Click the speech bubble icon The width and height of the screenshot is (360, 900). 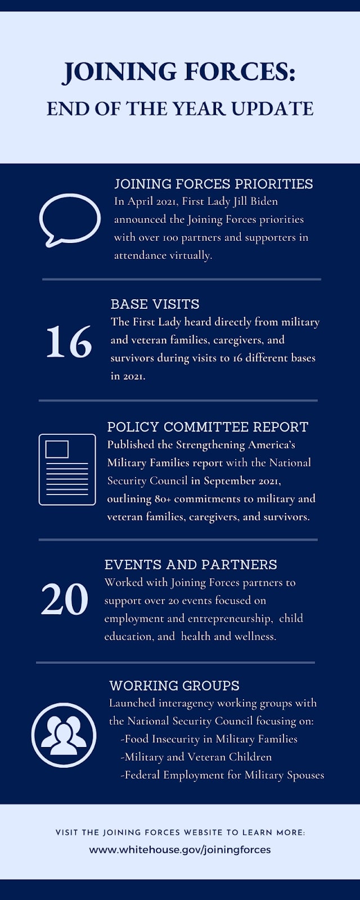pyautogui.click(x=69, y=219)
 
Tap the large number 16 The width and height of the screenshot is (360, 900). pyautogui.click(x=69, y=342)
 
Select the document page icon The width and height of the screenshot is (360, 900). pyautogui.click(x=67, y=469)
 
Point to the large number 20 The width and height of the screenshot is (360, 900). pyautogui.click(x=64, y=600)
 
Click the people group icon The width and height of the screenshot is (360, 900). pyautogui.click(x=64, y=735)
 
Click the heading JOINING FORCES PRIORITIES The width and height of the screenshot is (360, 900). pyautogui.click(x=213, y=184)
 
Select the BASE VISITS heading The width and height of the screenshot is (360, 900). pyautogui.click(x=155, y=304)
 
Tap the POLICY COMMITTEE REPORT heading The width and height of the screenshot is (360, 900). pyautogui.click(x=208, y=427)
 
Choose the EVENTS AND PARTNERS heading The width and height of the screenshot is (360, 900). pyautogui.click(x=190, y=565)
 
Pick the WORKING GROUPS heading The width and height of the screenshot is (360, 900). pyautogui.click(x=174, y=686)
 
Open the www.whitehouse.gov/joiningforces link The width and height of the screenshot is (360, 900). pyautogui.click(x=180, y=849)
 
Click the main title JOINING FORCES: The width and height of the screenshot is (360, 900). pyautogui.click(x=179, y=73)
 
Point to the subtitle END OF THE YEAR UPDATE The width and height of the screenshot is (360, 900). pyautogui.click(x=180, y=109)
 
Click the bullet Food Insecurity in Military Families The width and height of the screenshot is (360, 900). pyautogui.click(x=209, y=739)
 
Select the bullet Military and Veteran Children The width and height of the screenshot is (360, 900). pyautogui.click(x=196, y=757)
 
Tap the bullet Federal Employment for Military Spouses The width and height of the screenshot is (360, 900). pyautogui.click(x=223, y=775)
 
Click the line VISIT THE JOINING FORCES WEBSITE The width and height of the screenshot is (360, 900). pyautogui.click(x=180, y=832)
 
